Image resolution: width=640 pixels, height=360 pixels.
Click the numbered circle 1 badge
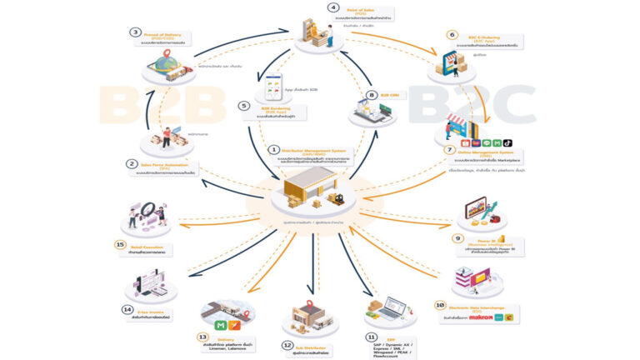point(272,149)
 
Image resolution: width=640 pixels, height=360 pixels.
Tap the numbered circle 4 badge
point(333,7)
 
